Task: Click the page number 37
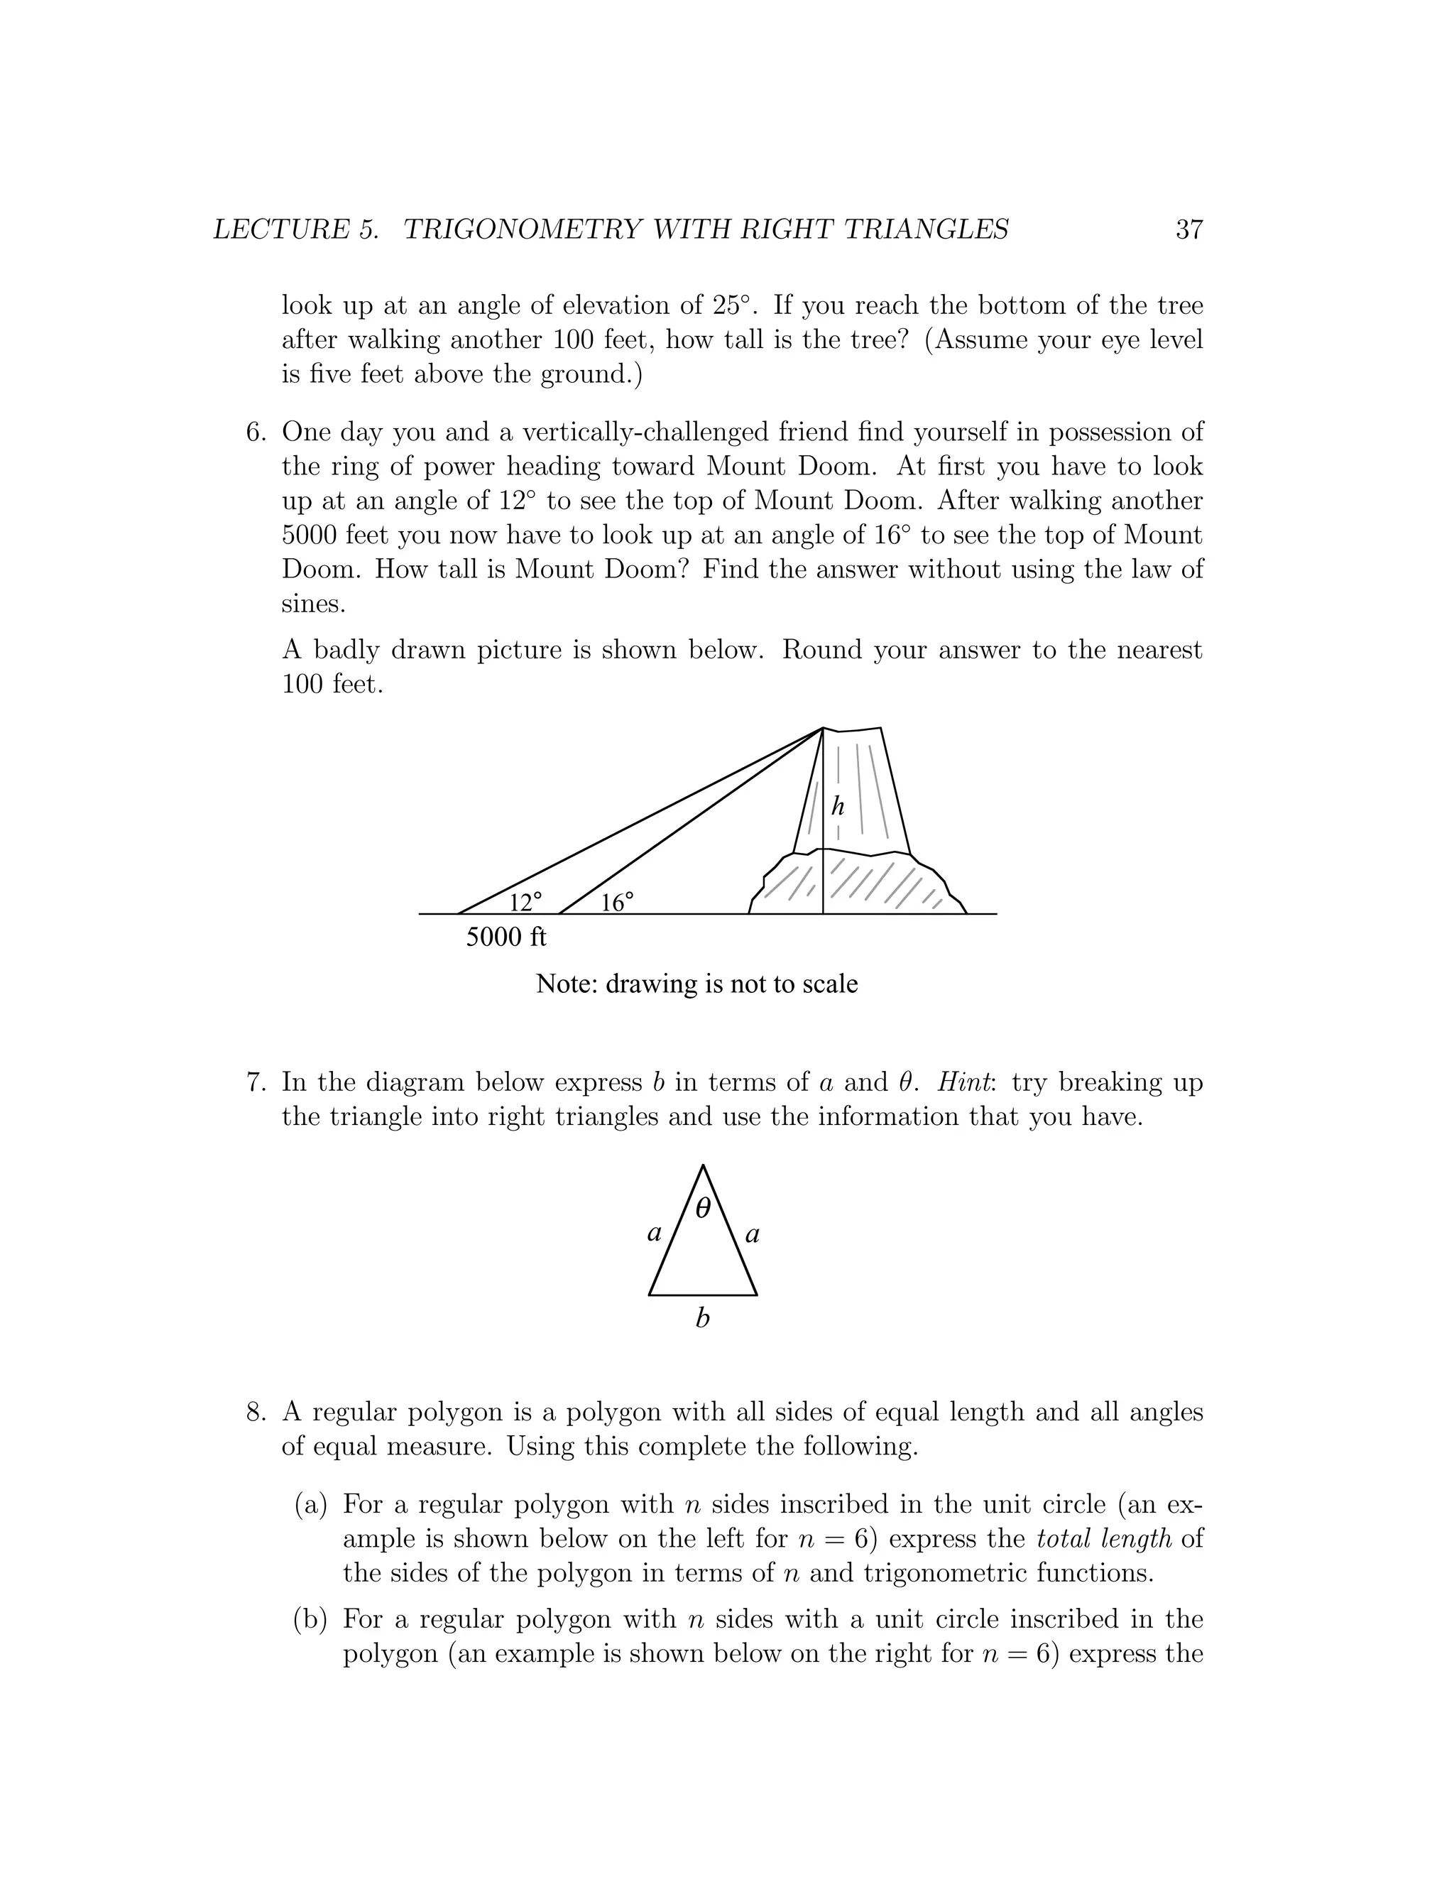point(1188,229)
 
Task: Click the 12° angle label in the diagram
point(525,902)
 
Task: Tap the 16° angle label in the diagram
point(617,902)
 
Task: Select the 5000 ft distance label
point(505,937)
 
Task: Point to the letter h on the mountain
point(837,806)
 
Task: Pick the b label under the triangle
point(702,1317)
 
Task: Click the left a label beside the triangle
point(655,1234)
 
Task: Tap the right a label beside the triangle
point(752,1235)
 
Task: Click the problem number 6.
point(256,432)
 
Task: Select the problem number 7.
point(256,1082)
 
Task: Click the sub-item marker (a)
point(311,1505)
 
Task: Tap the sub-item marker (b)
point(311,1619)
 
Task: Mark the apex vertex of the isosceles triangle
point(703,1167)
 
